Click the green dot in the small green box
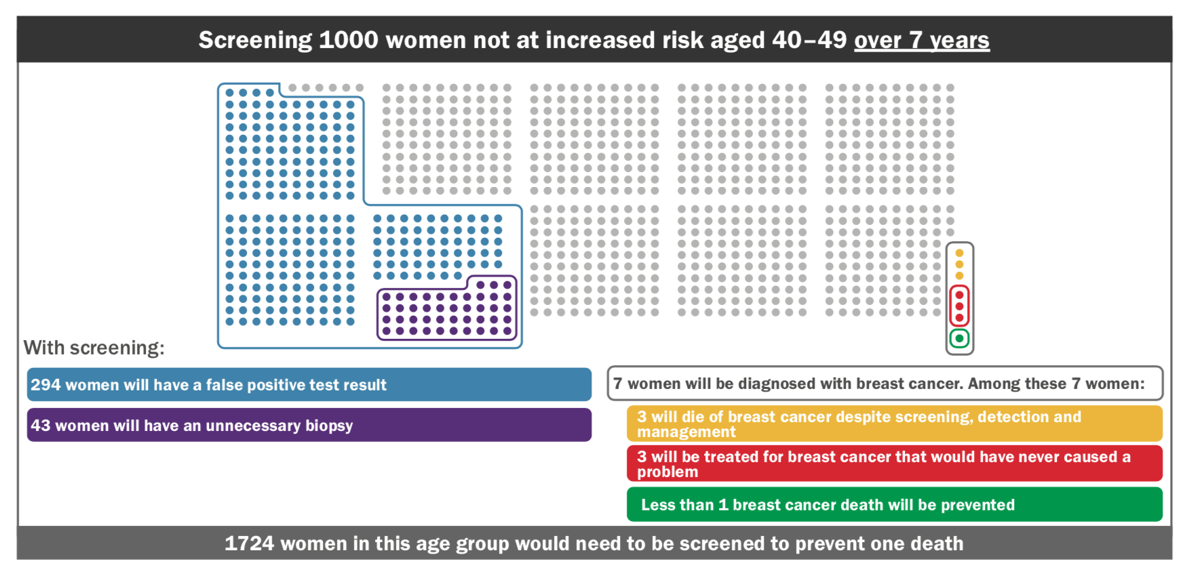tap(959, 338)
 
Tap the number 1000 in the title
tap(348, 40)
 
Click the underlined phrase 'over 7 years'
tap(921, 40)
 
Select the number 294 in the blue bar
tap(45, 385)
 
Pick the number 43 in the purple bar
tap(40, 426)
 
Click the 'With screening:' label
tap(94, 348)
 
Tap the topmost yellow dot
tap(959, 253)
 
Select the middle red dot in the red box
tap(959, 306)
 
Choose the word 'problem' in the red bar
tap(667, 472)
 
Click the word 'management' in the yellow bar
tap(686, 432)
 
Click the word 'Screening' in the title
tap(255, 40)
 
